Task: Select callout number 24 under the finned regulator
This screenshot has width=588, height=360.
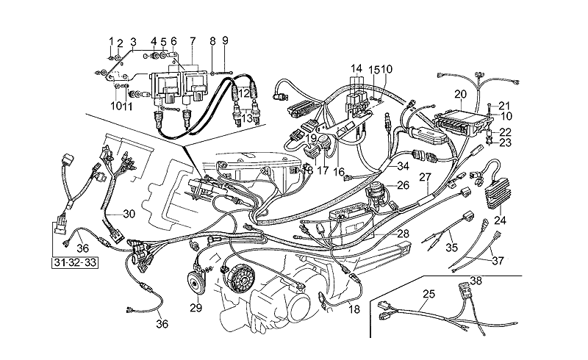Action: point(501,218)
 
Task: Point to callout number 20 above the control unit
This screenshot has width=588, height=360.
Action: point(461,93)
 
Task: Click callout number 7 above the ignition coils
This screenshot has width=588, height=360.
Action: point(193,40)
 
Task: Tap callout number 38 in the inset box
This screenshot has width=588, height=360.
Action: point(476,280)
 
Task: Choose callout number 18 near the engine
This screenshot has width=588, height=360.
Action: point(355,310)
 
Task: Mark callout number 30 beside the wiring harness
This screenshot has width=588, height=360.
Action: point(129,215)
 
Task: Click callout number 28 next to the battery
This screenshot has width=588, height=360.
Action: point(403,233)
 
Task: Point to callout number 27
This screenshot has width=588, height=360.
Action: point(424,177)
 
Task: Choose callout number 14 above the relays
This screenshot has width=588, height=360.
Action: point(356,68)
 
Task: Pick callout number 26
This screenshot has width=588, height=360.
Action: point(402,187)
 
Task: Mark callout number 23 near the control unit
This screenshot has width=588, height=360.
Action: point(504,144)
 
